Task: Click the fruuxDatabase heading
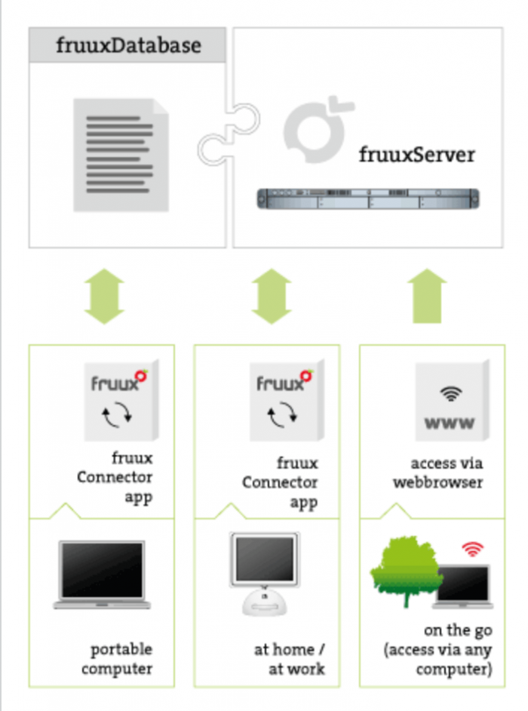128,45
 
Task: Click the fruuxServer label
416,155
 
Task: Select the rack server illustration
369,199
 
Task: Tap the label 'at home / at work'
290,658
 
